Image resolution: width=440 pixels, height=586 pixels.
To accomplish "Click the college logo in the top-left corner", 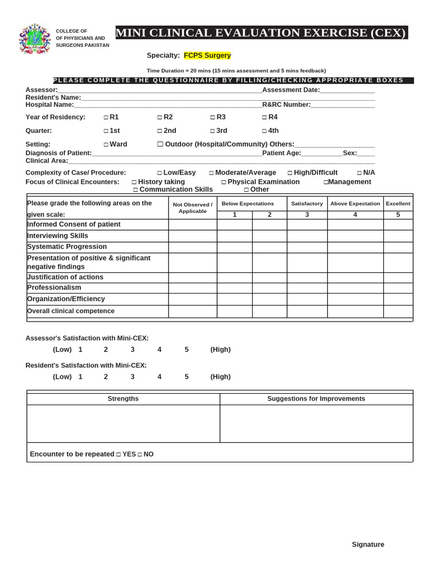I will (x=35, y=39).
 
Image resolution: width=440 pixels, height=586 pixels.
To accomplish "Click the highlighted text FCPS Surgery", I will (x=207, y=56).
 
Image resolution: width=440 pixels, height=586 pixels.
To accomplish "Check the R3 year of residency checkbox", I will (x=213, y=117).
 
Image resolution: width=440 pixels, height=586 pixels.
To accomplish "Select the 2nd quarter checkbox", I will (x=160, y=131).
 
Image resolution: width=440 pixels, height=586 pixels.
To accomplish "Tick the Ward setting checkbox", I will (x=106, y=145).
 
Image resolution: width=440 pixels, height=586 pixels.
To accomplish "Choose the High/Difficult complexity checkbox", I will (x=290, y=173).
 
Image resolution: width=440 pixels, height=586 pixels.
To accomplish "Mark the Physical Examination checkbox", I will (x=223, y=182).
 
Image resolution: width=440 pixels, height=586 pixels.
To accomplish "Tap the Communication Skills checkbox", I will (x=135, y=190).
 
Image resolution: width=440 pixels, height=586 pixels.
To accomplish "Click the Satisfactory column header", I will (x=307, y=204).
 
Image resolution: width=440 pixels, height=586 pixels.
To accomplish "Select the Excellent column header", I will (x=398, y=204).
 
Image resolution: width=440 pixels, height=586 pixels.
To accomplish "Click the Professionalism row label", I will (x=54, y=287).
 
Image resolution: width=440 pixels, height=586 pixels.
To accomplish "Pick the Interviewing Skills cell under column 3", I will (x=307, y=236).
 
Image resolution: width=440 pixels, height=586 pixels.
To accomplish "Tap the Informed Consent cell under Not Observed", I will (x=192, y=224).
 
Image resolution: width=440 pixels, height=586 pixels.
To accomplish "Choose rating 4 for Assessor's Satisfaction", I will (x=159, y=350).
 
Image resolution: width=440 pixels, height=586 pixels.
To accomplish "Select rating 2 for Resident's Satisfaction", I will (x=106, y=377).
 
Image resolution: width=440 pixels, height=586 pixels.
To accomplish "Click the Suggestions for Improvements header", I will (x=316, y=399).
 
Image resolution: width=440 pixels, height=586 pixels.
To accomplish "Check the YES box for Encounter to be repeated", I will (x=118, y=454).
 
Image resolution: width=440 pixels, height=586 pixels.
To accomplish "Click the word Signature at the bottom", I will (x=368, y=544).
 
